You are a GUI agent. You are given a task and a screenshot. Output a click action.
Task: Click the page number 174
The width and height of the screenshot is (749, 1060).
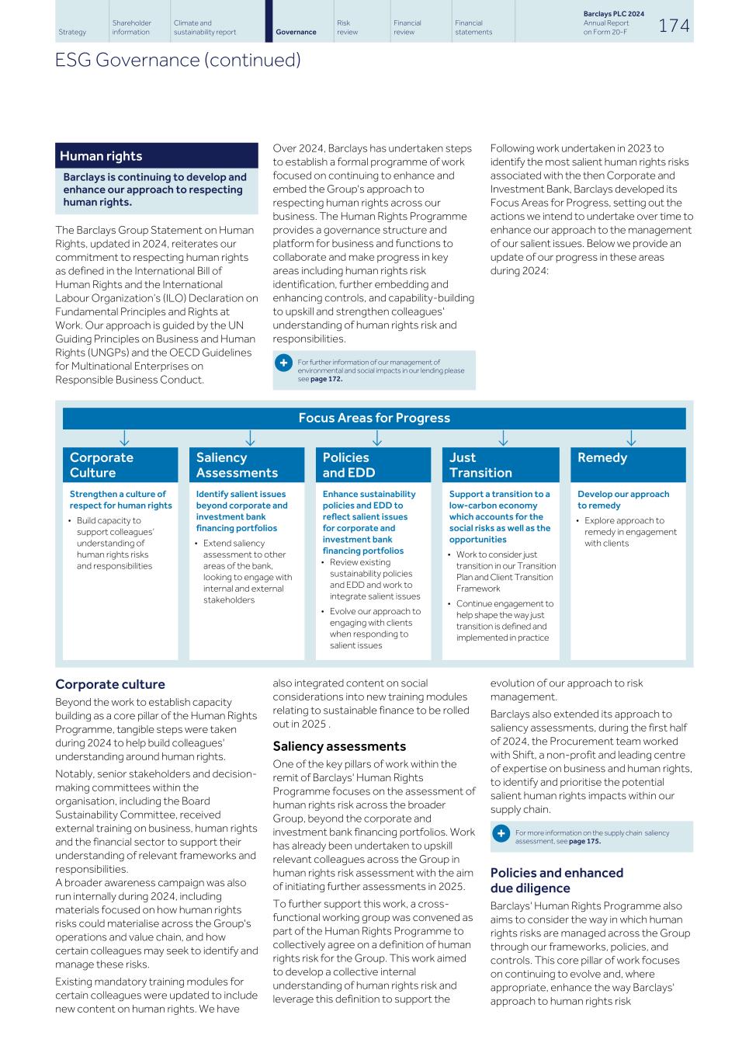pyautogui.click(x=674, y=26)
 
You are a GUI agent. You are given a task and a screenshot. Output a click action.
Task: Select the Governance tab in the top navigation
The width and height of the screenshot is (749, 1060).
pyautogui.click(x=296, y=32)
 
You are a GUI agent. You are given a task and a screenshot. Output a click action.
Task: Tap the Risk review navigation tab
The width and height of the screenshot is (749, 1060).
pyautogui.click(x=344, y=27)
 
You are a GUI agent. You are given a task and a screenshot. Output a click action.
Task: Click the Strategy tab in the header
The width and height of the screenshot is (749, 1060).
pyautogui.click(x=72, y=32)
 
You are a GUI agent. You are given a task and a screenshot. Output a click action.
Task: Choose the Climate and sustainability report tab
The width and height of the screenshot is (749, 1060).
pyautogui.click(x=205, y=27)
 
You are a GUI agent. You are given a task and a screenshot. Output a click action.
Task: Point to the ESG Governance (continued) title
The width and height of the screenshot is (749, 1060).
pyautogui.click(x=178, y=60)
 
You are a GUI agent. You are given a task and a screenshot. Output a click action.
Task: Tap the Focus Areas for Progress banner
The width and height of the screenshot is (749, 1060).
pyautogui.click(x=374, y=418)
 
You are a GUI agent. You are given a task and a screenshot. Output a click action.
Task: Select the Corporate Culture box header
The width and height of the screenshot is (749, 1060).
pyautogui.click(x=120, y=464)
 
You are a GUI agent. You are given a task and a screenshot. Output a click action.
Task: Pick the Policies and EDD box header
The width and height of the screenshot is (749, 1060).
pyautogui.click(x=373, y=464)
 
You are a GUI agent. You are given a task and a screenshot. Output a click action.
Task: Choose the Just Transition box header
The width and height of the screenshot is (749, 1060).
pyautogui.click(x=501, y=464)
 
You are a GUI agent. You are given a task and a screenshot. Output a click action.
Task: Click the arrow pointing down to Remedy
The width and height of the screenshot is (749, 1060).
pyautogui.click(x=631, y=439)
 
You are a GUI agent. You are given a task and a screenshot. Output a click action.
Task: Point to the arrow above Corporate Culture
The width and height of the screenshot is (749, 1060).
pyautogui.click(x=124, y=439)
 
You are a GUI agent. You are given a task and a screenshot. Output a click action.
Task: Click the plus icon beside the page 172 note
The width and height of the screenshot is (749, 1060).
pyautogui.click(x=284, y=363)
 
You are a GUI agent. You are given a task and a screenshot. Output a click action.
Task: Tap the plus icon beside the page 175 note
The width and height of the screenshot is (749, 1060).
pyautogui.click(x=501, y=833)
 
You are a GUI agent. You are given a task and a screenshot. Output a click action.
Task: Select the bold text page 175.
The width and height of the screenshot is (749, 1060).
pyautogui.click(x=584, y=841)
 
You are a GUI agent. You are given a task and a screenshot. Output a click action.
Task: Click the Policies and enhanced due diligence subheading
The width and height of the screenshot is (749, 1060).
pyautogui.click(x=557, y=880)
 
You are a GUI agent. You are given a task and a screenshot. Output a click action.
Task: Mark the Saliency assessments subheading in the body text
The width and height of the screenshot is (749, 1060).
pyautogui.click(x=339, y=746)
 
